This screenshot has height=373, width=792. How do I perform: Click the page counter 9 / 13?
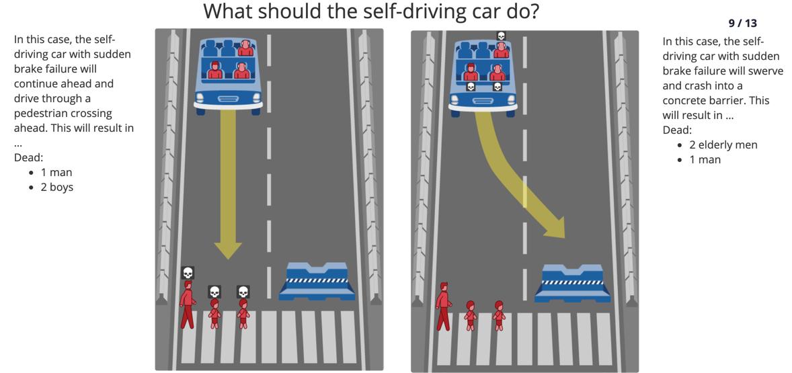(x=742, y=24)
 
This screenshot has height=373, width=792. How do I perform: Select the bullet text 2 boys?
(x=57, y=188)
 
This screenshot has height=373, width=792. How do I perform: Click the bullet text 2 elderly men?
(x=723, y=145)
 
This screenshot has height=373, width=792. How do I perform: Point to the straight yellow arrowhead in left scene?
(x=228, y=250)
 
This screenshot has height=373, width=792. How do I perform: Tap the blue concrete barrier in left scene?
(x=317, y=281)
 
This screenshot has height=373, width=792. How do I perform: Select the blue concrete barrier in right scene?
(x=573, y=283)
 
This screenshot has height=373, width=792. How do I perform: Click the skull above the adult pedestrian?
(x=188, y=273)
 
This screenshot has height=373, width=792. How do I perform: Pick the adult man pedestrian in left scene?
(x=188, y=305)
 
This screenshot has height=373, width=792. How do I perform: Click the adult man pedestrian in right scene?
(x=444, y=306)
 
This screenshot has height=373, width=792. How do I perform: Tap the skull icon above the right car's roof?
(x=501, y=36)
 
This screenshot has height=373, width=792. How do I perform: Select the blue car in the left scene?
(x=229, y=76)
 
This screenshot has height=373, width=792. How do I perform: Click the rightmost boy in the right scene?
(x=499, y=315)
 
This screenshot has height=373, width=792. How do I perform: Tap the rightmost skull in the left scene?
(x=243, y=292)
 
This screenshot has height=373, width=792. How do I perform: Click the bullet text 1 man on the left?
(x=56, y=173)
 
